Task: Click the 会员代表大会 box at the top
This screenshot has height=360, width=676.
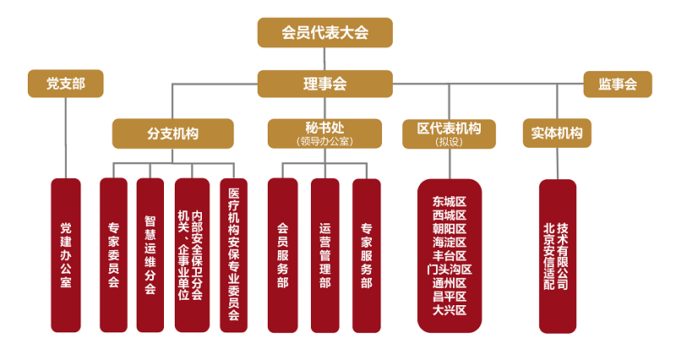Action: pyautogui.click(x=325, y=33)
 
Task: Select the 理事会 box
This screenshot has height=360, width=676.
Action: pyautogui.click(x=325, y=85)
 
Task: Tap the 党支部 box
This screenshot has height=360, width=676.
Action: pyautogui.click(x=65, y=84)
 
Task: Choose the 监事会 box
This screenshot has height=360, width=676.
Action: pyautogui.click(x=618, y=85)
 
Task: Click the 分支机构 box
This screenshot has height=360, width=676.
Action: pyautogui.click(x=173, y=134)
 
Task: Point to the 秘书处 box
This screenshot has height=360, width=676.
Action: pyautogui.click(x=325, y=133)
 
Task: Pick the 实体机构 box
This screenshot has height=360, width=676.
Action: pyautogui.click(x=557, y=133)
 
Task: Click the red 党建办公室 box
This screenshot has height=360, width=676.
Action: pyautogui.click(x=66, y=254)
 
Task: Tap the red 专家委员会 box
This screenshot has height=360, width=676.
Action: pyautogui.click(x=113, y=254)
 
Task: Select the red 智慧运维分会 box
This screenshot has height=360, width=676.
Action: pyautogui.click(x=150, y=254)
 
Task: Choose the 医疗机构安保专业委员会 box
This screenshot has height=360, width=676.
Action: pyautogui.click(x=233, y=254)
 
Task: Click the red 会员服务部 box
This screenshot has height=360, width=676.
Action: pyautogui.click(x=283, y=254)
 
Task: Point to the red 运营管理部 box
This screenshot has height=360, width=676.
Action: pyautogui.click(x=325, y=254)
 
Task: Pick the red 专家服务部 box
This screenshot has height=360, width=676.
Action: pyautogui.click(x=367, y=254)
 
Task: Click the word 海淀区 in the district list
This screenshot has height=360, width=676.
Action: pyautogui.click(x=450, y=243)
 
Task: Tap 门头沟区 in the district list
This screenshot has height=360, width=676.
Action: pyautogui.click(x=450, y=270)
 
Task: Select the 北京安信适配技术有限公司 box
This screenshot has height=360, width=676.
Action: pyautogui.click(x=557, y=254)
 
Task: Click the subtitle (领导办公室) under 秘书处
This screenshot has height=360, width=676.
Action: pyautogui.click(x=325, y=141)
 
